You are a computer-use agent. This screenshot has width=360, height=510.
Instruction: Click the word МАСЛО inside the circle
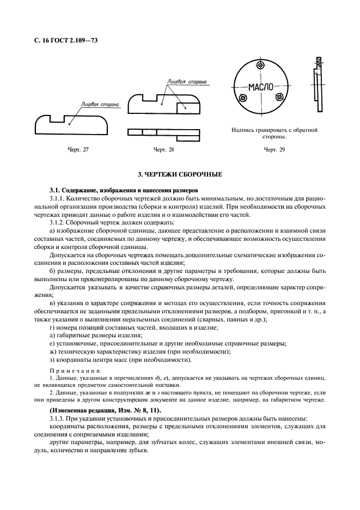tap(260, 87)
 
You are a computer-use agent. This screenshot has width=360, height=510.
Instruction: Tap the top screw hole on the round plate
tap(261, 65)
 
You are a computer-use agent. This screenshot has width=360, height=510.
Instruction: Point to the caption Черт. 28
tap(164, 149)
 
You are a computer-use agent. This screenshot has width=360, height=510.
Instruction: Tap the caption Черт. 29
tap(274, 149)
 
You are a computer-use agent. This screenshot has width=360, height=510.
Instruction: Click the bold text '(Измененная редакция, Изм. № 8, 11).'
tap(103, 409)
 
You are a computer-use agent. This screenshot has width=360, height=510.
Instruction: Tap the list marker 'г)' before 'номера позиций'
tap(52, 327)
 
